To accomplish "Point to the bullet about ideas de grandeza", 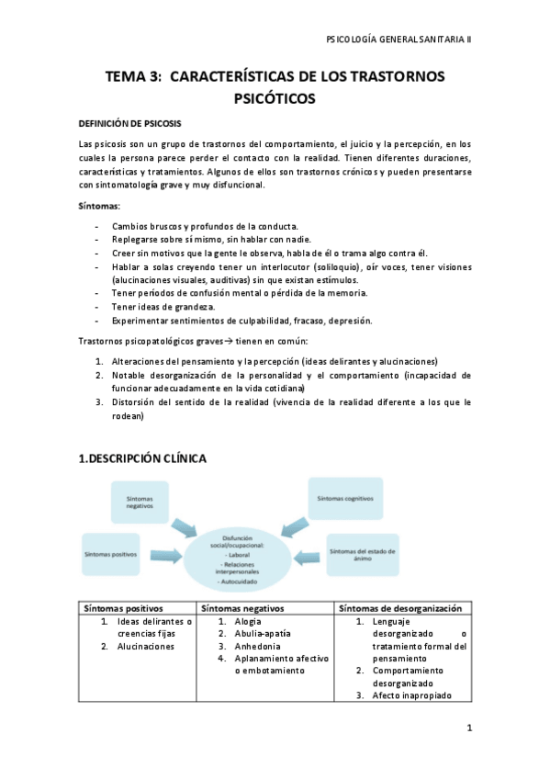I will (x=163, y=306).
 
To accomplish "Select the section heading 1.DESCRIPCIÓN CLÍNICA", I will (x=142, y=457).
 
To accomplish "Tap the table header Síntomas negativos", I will (x=241, y=608).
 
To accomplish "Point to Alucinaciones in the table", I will (x=145, y=647).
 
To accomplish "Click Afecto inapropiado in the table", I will (x=411, y=695).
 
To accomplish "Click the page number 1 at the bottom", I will (x=468, y=728).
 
